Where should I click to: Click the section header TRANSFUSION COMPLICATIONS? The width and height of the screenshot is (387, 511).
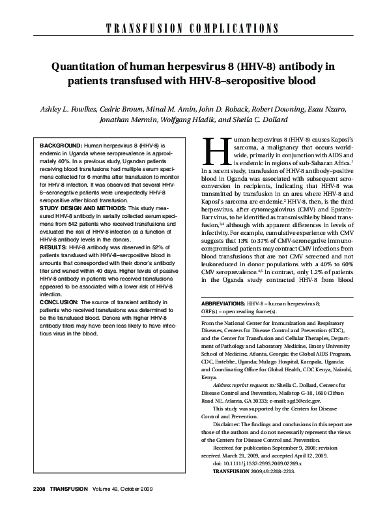pyautogui.click(x=193, y=28)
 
